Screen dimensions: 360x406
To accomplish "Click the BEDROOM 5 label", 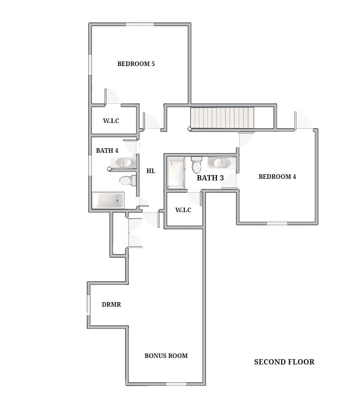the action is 136,64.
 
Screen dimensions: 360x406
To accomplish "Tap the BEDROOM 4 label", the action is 277,177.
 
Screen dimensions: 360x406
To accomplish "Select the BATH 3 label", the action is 210,178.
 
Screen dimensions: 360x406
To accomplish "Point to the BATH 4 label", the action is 107,150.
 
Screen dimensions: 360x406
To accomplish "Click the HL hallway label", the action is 151,171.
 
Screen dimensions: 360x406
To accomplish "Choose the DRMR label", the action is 111,305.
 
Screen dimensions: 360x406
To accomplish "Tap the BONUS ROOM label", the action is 166,356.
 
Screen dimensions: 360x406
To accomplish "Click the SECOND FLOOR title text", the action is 284,362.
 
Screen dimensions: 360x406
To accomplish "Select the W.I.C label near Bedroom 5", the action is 111,121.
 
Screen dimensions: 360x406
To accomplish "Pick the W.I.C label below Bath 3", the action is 183,210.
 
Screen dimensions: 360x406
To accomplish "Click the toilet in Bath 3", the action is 197,165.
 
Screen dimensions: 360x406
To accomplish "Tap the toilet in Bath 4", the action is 128,180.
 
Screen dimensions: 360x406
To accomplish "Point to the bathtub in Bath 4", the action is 108,200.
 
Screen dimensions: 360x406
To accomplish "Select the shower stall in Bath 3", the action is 176,172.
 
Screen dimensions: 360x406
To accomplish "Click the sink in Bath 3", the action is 222,163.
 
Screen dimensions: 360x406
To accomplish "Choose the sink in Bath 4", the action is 124,162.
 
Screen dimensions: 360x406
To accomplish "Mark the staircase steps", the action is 222,118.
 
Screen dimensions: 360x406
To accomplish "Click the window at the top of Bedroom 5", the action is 140,24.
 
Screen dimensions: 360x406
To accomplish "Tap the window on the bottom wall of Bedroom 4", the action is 277,223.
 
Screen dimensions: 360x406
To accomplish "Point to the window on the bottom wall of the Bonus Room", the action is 176,384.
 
